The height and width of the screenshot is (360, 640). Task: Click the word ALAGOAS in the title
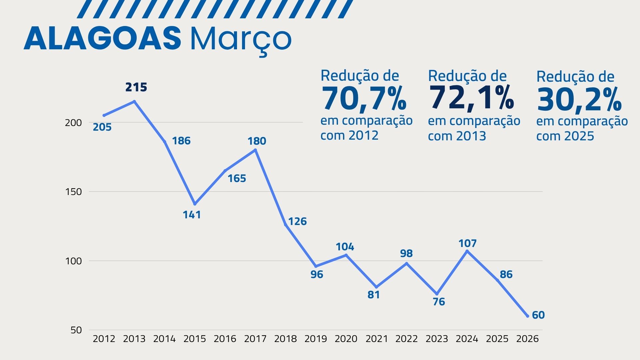pos(102,38)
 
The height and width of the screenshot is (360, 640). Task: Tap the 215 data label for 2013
pos(136,87)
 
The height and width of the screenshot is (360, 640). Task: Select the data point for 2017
pos(256,150)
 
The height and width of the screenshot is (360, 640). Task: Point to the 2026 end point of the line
pos(528,316)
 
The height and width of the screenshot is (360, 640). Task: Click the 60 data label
pos(538,315)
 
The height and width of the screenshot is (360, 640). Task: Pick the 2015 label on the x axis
pos(195,339)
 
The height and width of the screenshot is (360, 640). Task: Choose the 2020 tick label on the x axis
pos(346,339)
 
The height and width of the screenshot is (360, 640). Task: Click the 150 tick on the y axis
pos(73,192)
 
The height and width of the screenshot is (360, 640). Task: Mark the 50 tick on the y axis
pos(76,330)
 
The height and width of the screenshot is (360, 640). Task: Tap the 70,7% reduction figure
pos(364,99)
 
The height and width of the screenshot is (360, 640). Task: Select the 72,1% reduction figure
pos(471,98)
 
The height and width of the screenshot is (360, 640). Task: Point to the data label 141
pos(192,215)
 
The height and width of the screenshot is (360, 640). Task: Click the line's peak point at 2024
pos(467,251)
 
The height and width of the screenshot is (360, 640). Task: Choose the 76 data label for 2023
pos(439,302)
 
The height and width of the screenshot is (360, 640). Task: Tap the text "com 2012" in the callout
pos(349,135)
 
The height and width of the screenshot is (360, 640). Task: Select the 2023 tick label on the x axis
pos(437,339)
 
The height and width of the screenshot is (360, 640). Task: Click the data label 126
pos(297,221)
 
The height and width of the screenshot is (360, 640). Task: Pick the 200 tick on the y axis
pos(73,123)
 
